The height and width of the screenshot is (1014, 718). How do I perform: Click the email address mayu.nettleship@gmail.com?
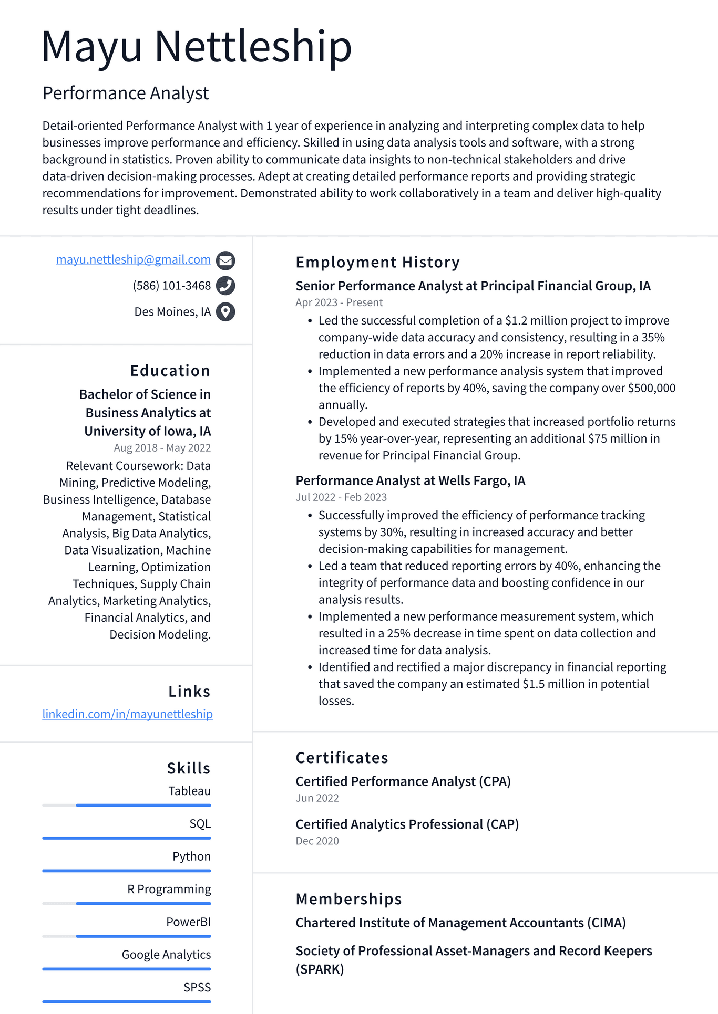133,259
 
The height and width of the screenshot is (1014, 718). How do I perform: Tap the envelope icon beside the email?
225,260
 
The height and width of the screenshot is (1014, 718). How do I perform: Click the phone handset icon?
225,286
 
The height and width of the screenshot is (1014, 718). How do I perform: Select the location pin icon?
225,312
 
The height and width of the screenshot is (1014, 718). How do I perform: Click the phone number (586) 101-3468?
171,286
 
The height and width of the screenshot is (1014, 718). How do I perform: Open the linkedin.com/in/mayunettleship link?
127,714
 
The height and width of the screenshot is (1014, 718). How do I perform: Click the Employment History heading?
377,262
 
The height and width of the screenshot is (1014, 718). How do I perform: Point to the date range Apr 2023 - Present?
339,302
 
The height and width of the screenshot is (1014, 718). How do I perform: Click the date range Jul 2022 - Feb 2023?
341,497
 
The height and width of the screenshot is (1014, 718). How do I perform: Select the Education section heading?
170,371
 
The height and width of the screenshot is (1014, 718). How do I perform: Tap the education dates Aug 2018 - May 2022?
162,448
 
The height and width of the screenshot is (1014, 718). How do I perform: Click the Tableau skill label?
189,791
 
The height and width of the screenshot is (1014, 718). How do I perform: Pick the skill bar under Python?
127,871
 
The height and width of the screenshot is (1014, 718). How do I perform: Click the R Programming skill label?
169,889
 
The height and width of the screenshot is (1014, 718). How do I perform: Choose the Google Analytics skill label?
166,955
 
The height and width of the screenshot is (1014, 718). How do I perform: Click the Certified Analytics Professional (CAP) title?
407,824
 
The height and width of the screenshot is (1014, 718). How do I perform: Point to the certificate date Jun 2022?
317,798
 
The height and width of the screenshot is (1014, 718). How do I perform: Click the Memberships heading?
348,899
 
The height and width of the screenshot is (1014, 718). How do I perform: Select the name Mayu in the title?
91,47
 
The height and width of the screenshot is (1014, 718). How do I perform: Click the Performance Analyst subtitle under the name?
126,93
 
